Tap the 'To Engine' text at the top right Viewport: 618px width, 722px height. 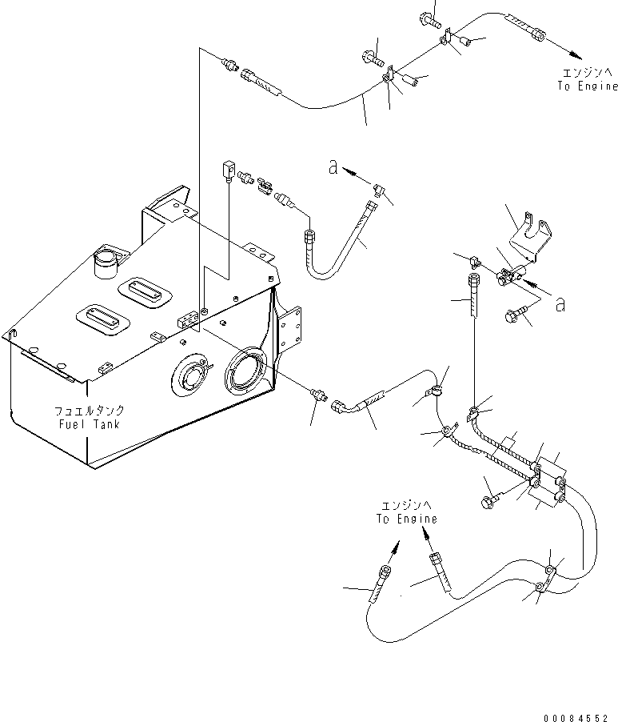588,86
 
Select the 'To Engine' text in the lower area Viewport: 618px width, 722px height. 407,519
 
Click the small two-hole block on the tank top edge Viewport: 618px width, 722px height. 187,320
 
